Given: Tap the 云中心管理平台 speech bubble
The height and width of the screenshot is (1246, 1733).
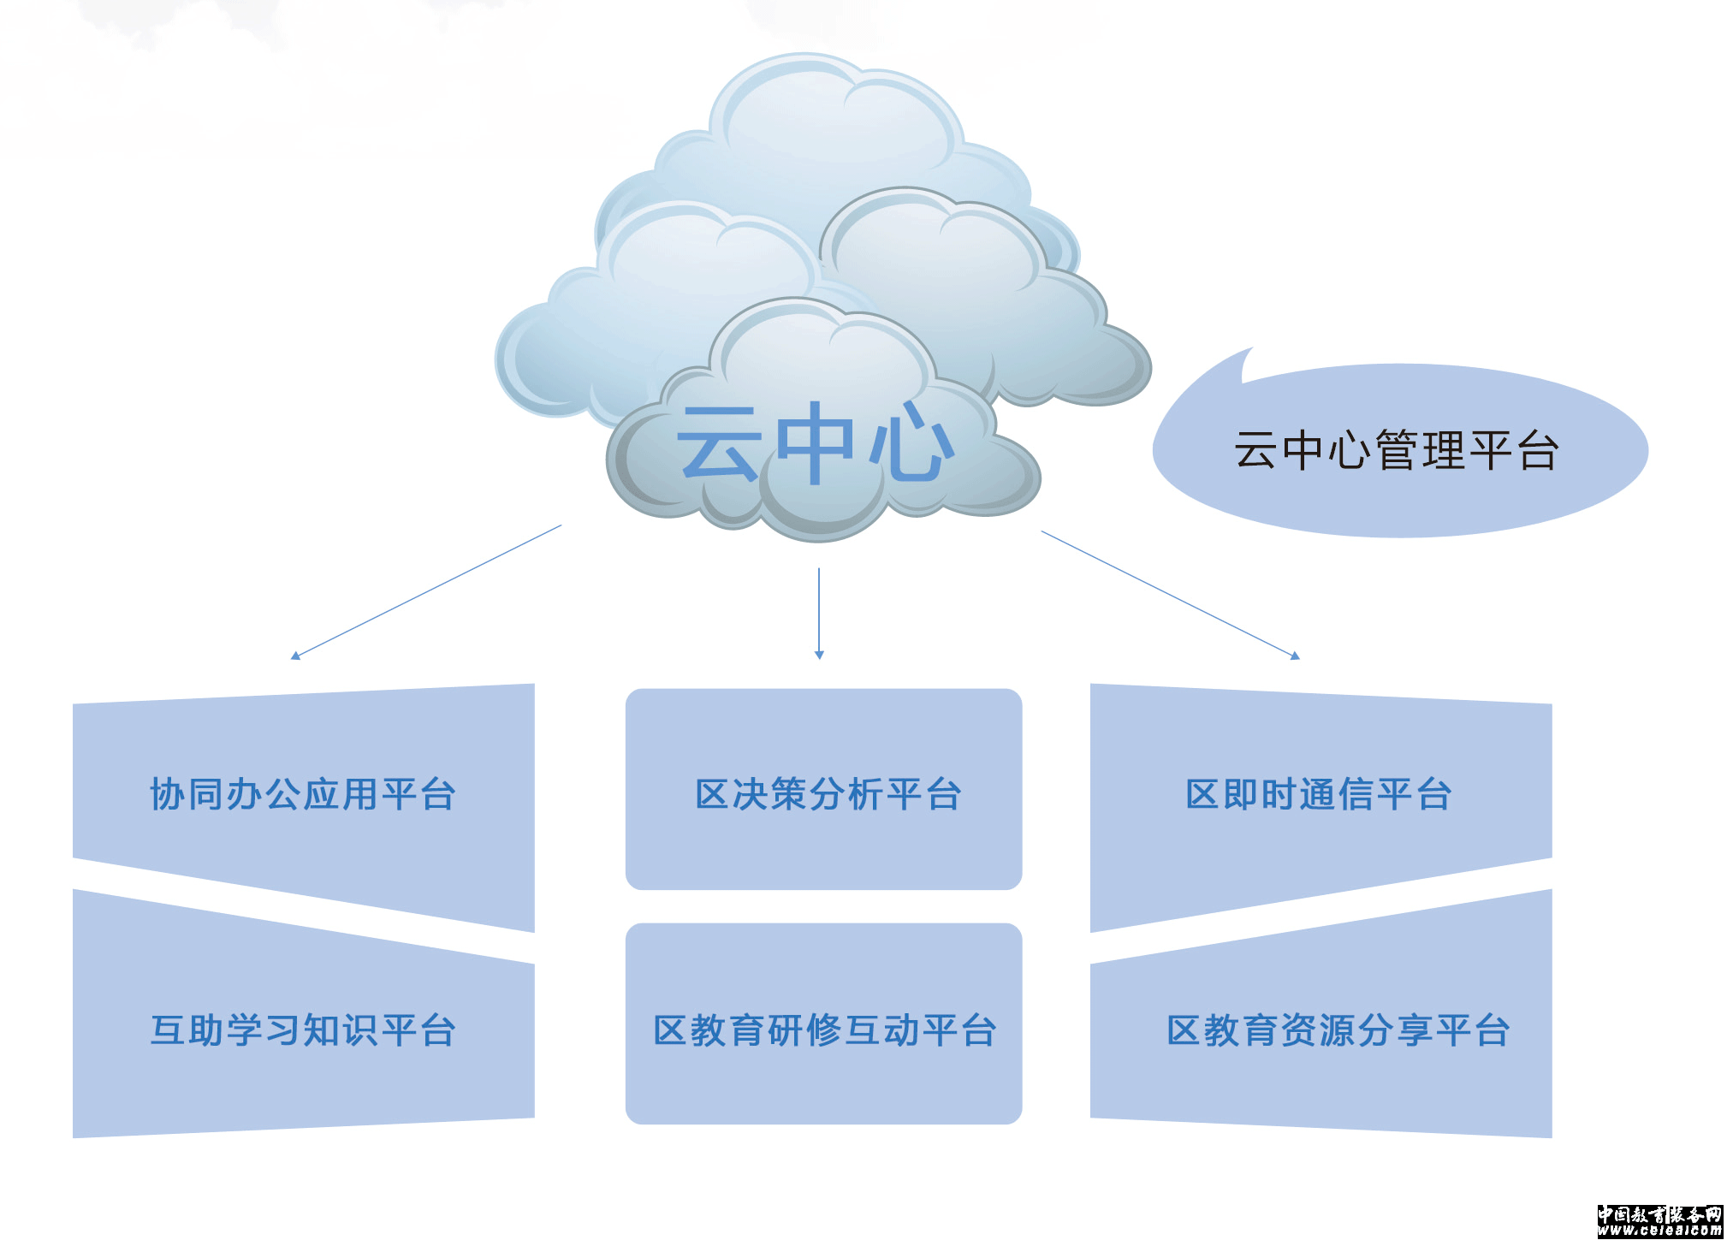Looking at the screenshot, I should tap(1398, 451).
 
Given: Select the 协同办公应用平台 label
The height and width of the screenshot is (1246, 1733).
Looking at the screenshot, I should tap(303, 794).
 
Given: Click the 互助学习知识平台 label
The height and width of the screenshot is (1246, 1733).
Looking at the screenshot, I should tap(303, 1030).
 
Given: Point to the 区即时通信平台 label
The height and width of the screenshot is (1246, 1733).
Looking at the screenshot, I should tap(1319, 794).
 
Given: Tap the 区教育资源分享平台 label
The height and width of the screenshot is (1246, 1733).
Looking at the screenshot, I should tap(1338, 1030).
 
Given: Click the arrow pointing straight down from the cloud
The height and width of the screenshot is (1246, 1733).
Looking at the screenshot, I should tap(819, 612).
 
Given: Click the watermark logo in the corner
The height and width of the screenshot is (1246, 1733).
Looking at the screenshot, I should tap(1659, 1221).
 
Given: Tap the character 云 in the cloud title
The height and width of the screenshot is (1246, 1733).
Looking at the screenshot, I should tap(717, 443).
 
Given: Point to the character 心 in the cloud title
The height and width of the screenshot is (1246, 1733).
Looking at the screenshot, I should tap(911, 443).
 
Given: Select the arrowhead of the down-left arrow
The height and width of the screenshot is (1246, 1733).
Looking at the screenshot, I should tap(295, 656).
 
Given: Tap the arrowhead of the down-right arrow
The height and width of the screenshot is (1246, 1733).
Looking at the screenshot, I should tap(1295, 656).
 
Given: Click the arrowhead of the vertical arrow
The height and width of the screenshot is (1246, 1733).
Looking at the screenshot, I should tap(819, 655).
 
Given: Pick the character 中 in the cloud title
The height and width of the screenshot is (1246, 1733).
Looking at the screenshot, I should tap(814, 443).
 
